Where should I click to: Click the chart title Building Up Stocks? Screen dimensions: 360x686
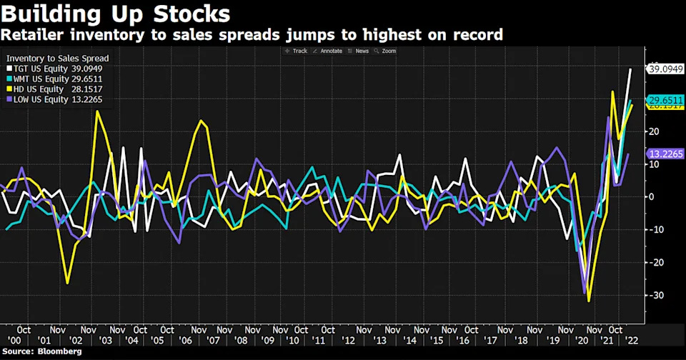click(x=116, y=14)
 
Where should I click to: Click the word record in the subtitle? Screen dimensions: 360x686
click(x=474, y=34)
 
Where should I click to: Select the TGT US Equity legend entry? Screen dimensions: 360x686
click(x=54, y=69)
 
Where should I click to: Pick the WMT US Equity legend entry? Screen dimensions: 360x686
click(x=54, y=79)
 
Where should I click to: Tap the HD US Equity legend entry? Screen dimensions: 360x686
click(x=54, y=89)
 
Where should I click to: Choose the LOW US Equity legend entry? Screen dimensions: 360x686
click(x=54, y=99)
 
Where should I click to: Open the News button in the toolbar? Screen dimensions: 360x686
click(x=359, y=51)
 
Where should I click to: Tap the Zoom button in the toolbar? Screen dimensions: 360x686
click(x=386, y=51)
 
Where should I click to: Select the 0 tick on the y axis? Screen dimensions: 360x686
click(x=652, y=196)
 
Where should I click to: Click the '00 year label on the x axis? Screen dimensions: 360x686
click(x=13, y=342)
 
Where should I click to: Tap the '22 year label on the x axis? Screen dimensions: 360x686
click(x=632, y=342)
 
